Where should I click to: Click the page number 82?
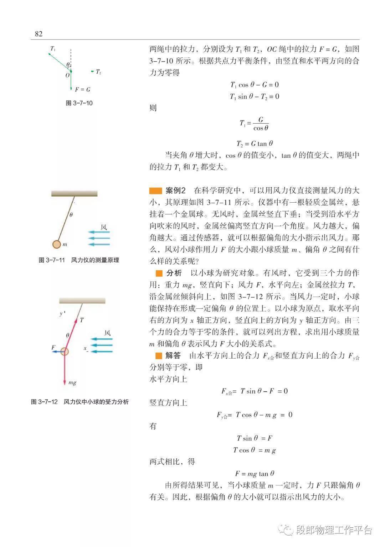pos(38,34)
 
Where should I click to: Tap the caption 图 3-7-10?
pos(79,103)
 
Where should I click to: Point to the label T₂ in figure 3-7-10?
pos(98,72)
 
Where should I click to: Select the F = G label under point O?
pos(82,89)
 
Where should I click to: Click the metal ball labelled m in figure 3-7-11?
pos(56,244)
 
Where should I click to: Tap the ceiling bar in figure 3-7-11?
pos(74,193)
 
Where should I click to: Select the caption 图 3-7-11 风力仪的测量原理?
pos(79,260)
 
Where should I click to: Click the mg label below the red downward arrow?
pos(72,382)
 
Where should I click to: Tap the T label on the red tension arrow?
pos(82,320)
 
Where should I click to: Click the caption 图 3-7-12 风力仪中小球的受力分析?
pos(80,402)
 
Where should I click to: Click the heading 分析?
pos(174,273)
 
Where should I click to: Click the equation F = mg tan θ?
pos(255,474)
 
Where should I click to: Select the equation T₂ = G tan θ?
pos(255,144)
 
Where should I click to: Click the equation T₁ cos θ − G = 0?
pos(255,85)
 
